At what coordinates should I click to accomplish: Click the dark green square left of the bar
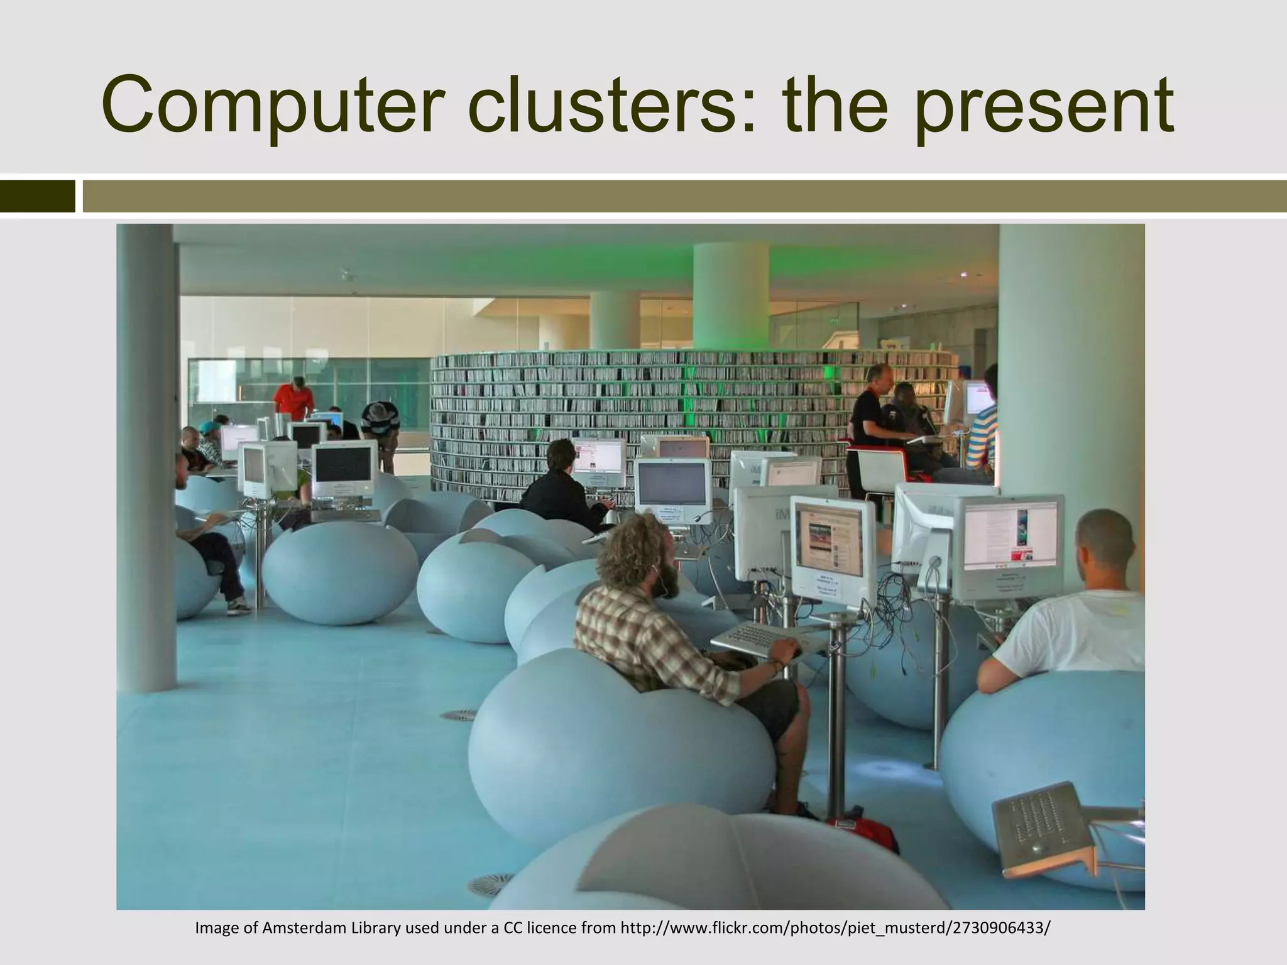pyautogui.click(x=37, y=196)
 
